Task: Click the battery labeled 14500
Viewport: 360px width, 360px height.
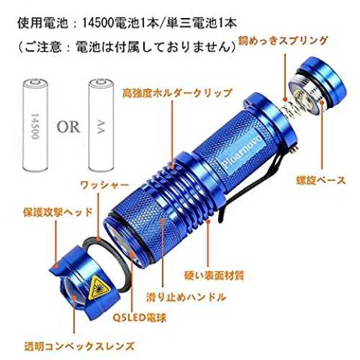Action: coord(35,125)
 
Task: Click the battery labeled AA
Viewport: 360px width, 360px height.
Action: coord(101,125)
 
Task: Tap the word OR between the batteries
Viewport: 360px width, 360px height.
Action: coord(68,127)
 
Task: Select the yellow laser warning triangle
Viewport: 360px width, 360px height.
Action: coord(99,287)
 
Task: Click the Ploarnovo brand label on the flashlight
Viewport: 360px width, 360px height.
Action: coord(240,152)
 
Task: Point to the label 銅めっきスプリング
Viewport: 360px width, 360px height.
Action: coord(282,41)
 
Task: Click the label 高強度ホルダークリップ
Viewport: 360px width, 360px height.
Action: coord(177,93)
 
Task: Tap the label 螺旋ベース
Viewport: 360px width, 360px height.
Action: coord(321,181)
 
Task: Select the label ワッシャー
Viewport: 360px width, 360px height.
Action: coord(104,185)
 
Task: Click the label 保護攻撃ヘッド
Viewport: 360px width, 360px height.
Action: coord(58,212)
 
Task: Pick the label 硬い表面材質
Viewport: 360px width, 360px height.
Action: coord(214,276)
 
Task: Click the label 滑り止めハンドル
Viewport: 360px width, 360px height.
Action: coord(186,297)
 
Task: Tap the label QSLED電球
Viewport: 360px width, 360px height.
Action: coord(140,318)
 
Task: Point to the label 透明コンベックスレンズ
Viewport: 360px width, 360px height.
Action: coord(79,346)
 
